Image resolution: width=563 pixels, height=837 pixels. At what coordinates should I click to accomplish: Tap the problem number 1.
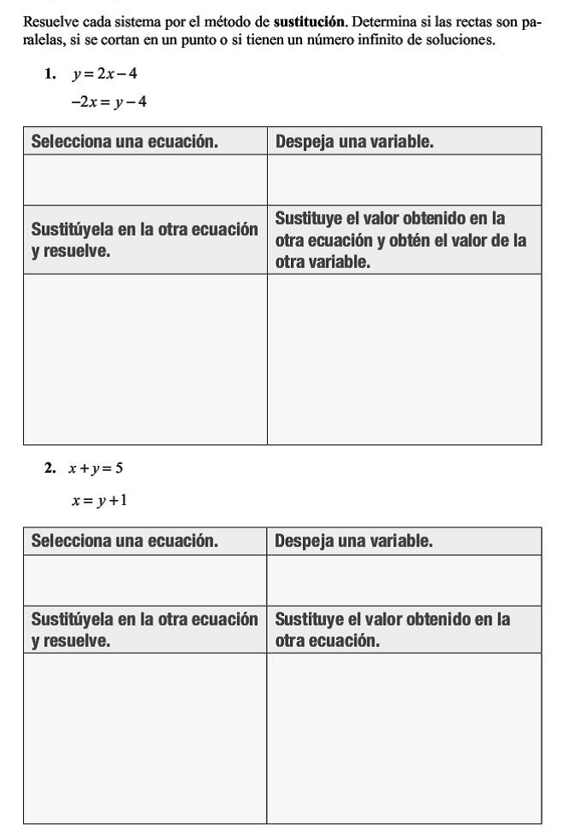50,74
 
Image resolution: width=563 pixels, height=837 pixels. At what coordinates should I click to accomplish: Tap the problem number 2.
50,468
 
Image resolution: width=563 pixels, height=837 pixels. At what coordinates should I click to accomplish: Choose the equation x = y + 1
100,499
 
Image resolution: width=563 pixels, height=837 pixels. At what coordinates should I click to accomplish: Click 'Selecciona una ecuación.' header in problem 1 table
125,142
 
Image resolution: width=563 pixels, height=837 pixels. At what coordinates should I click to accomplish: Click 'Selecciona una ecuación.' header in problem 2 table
125,542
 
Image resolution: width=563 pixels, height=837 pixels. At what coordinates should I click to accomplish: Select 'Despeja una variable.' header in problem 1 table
355,142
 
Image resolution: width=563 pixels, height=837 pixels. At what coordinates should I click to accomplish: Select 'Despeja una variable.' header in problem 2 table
355,542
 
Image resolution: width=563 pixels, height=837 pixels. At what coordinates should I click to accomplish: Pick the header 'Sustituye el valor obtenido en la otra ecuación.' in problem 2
392,630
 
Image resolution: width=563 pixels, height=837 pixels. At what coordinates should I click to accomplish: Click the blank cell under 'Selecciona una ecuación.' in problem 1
145,180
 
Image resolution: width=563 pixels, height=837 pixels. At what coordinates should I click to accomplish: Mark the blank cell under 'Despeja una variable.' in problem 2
404,580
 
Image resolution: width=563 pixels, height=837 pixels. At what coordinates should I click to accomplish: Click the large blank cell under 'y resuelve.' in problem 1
145,359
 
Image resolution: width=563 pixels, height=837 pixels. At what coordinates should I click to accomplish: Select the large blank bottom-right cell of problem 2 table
404,738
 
